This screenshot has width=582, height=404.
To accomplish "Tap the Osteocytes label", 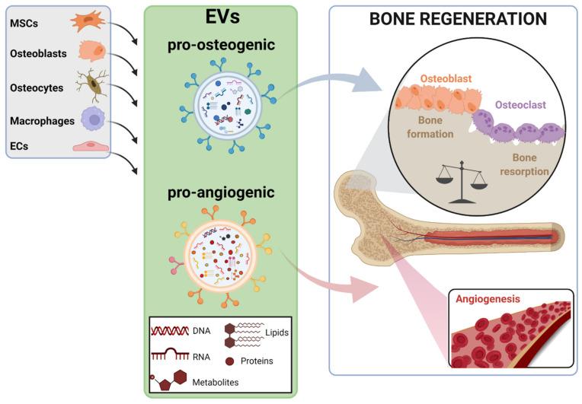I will (x=36, y=88).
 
